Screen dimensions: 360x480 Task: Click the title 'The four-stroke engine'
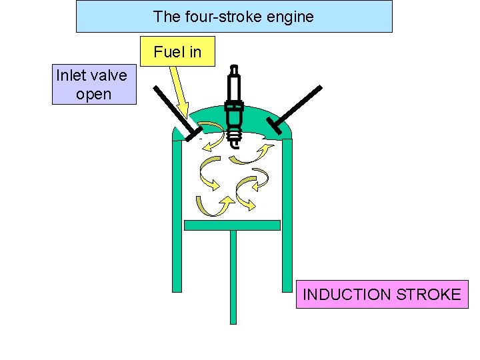click(x=233, y=17)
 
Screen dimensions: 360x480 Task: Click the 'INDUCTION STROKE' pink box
click(x=382, y=295)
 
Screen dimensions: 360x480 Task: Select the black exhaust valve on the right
click(x=297, y=107)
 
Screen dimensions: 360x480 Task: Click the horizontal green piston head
click(x=232, y=225)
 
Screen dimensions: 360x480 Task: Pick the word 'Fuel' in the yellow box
click(x=167, y=52)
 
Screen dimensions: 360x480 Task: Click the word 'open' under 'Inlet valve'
click(x=93, y=94)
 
